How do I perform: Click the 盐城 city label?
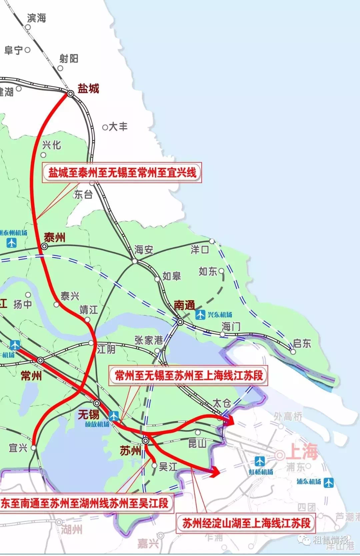tap(88, 89)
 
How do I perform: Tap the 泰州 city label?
tap(55, 238)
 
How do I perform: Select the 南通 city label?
tap(184, 305)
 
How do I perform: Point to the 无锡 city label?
tap(89, 414)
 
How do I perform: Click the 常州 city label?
tap(31, 376)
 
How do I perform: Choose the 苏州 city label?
tap(130, 451)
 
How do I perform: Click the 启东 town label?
tap(302, 343)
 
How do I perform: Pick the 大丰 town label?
tap(118, 127)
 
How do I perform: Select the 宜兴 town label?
tap(18, 448)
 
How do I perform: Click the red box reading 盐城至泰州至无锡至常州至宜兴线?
tap(122, 173)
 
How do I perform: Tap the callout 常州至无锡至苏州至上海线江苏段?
tap(189, 375)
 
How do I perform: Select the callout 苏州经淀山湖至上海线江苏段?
tap(246, 523)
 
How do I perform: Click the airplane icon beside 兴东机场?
tap(200, 314)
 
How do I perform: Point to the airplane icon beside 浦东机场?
tap(329, 482)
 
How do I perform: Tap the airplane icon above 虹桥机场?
tap(260, 461)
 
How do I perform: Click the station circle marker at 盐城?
tap(71, 94)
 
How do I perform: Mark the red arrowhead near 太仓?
tap(230, 421)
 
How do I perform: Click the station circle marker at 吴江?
tap(154, 465)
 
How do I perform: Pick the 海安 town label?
tap(144, 250)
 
